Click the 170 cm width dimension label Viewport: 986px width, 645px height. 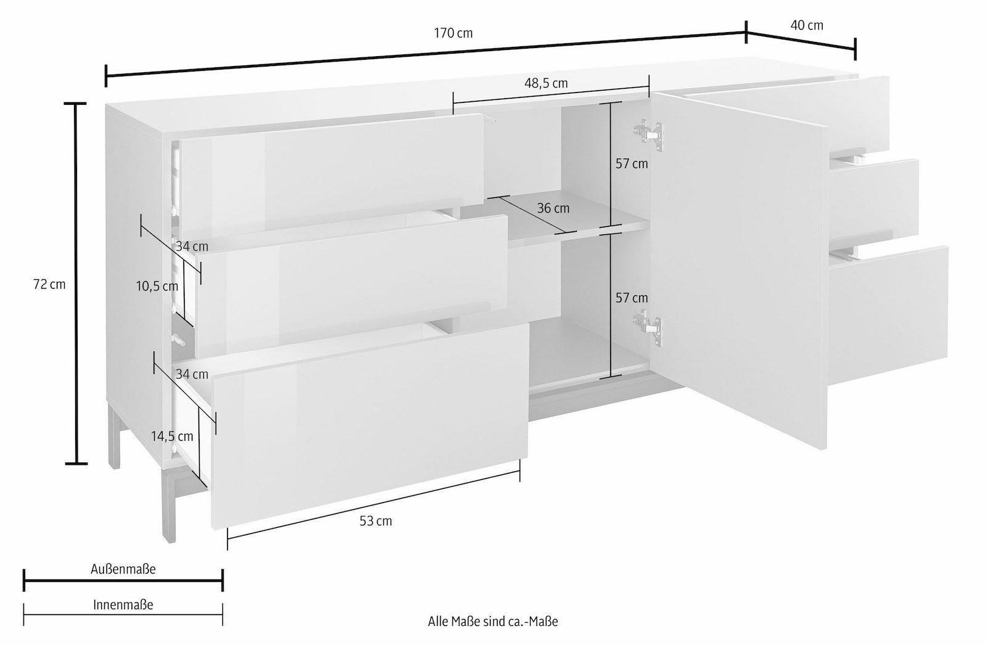(x=454, y=33)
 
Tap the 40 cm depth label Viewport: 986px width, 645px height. (x=807, y=25)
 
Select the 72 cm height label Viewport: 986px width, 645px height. (x=49, y=285)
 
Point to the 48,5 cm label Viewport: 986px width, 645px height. (x=546, y=83)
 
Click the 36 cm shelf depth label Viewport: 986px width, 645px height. (x=553, y=208)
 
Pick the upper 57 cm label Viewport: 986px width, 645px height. (x=632, y=164)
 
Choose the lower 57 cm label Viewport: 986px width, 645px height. (x=632, y=298)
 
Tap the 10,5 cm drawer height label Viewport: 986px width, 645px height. (x=157, y=287)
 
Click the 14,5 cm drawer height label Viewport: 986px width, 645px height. (x=172, y=437)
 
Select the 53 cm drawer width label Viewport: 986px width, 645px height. (x=375, y=521)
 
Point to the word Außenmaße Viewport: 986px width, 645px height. (x=123, y=569)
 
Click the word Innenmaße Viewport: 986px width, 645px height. (x=123, y=605)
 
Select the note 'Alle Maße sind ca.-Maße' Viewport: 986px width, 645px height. (x=493, y=622)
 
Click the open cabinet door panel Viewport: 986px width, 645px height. (x=739, y=273)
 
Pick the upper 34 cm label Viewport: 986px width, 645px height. (x=192, y=246)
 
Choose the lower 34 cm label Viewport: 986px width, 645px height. (x=192, y=374)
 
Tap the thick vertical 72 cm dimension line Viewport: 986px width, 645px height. (x=76, y=283)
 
